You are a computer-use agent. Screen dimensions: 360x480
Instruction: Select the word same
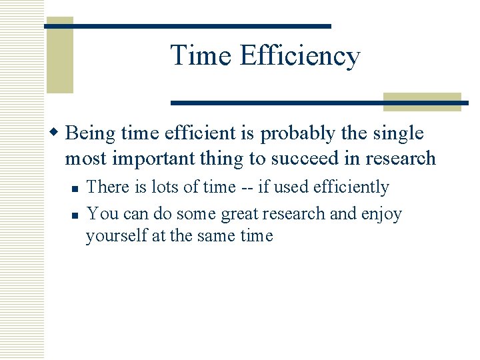pyautogui.click(x=218, y=236)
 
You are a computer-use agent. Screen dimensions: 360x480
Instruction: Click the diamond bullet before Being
pyautogui.click(x=57, y=133)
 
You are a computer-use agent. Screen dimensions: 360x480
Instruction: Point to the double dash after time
pyautogui.click(x=246, y=188)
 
